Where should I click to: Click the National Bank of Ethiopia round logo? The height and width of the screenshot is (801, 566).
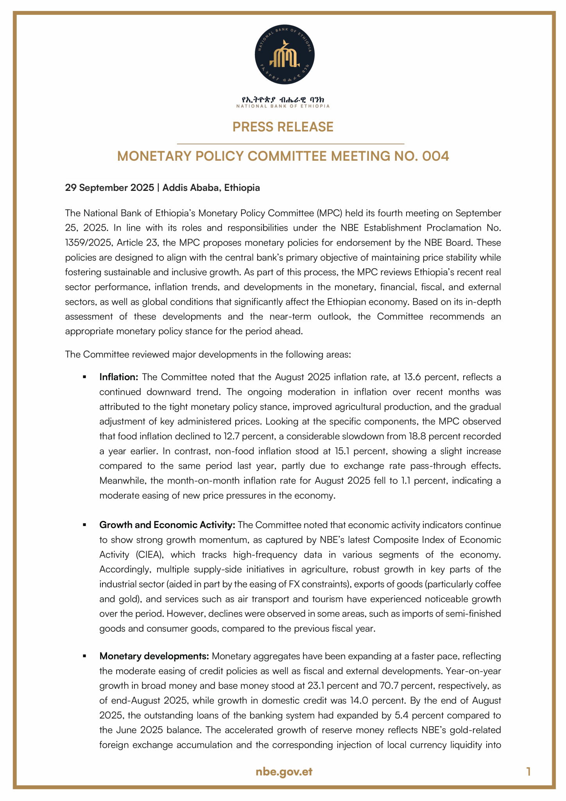pyautogui.click(x=285, y=55)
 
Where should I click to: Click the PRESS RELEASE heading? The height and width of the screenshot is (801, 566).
pyautogui.click(x=283, y=127)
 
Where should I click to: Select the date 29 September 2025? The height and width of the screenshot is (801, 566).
pyautogui.click(x=109, y=188)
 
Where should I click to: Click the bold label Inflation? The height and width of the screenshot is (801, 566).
pyautogui.click(x=119, y=377)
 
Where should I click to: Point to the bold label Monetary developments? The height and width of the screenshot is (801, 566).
pyautogui.click(x=154, y=656)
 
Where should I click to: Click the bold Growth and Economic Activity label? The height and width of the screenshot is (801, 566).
pyautogui.click(x=167, y=525)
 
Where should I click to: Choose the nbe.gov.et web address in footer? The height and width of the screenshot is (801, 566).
pyautogui.click(x=284, y=772)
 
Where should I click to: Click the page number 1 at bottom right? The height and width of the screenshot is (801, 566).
pyautogui.click(x=528, y=772)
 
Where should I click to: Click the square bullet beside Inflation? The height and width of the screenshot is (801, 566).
pyautogui.click(x=84, y=377)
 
